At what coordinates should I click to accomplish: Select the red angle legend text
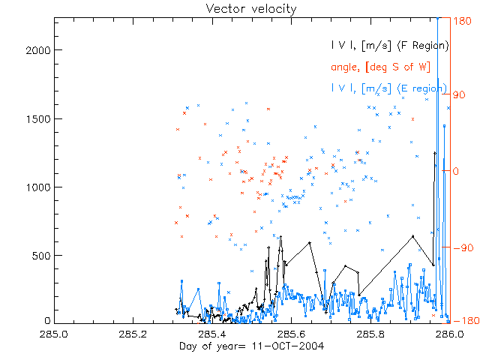[380, 67]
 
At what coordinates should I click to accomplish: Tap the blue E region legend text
[389, 88]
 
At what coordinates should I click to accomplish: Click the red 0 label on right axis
[457, 171]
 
